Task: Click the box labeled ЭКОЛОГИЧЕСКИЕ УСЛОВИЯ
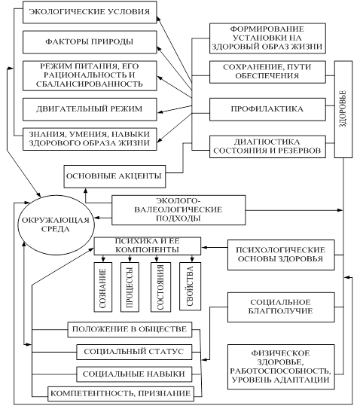pos(90,12)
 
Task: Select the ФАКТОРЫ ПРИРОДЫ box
pos(90,42)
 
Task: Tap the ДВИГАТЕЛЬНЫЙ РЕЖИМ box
pos(90,109)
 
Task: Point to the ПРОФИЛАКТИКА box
pos(267,109)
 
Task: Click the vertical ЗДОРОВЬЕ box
pos(343,109)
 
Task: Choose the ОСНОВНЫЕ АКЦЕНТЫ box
pos(114,176)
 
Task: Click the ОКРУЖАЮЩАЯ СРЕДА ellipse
pos(56,224)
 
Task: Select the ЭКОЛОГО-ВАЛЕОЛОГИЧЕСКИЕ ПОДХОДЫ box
pos(178,210)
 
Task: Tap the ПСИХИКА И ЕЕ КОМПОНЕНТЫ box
pos(148,246)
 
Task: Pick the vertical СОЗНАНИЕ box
pos(103,287)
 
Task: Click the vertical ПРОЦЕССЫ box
pos(130,287)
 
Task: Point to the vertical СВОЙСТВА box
pos(190,286)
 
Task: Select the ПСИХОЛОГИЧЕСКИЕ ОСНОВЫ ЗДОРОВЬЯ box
pos(281,255)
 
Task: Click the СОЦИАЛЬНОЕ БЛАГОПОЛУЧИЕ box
pos(281,307)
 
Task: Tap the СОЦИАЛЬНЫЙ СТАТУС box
pos(134,352)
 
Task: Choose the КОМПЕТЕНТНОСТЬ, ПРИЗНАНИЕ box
pos(121,394)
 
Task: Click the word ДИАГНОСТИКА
pos(267,142)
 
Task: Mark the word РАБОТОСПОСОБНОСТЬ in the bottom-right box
pos(281,371)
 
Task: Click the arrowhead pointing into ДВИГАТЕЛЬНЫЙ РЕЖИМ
pos(160,111)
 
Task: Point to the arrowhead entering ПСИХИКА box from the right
pos(204,248)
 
